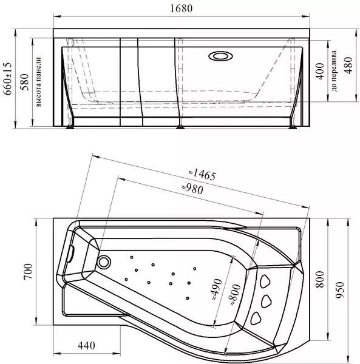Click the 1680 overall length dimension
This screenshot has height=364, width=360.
click(181, 8)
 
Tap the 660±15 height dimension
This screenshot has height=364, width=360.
click(7, 78)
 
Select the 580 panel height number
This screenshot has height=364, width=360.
click(24, 82)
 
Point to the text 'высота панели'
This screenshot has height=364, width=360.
click(38, 82)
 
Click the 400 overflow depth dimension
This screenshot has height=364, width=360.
click(320, 71)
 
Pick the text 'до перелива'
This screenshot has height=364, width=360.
click(334, 71)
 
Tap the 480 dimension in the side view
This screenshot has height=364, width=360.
click(348, 66)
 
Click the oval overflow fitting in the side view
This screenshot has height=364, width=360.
click(220, 56)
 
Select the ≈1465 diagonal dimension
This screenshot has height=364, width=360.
click(202, 174)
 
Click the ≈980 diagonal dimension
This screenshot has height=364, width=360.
click(192, 189)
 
